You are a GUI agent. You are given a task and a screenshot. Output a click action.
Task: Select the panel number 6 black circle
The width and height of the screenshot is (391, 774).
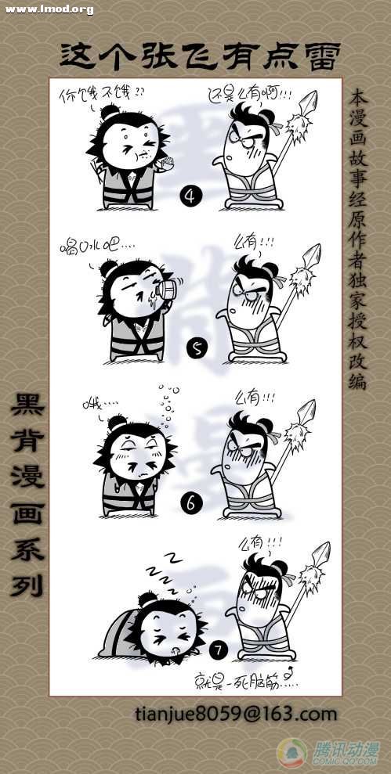(190, 502)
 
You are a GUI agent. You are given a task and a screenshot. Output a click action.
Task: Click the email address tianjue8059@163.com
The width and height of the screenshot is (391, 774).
(235, 714)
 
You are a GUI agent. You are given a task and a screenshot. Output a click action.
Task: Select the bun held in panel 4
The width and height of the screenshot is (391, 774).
(166, 164)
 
